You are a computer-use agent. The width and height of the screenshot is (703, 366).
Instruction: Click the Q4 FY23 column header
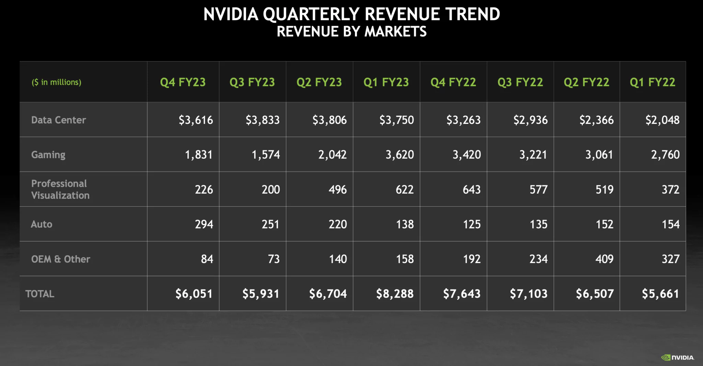coord(183,82)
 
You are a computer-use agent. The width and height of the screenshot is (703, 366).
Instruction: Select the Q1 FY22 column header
coord(652,82)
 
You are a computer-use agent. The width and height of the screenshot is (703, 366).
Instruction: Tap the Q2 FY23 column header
coord(319,82)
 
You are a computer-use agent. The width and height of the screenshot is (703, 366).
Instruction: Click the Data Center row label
coord(58,120)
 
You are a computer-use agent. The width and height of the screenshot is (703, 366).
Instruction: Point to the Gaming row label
coord(48,155)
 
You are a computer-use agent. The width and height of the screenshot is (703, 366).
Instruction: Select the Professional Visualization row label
coord(60,189)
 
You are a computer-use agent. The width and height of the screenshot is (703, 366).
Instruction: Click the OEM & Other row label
coord(60,259)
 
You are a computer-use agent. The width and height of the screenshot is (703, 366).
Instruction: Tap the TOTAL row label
coord(40,294)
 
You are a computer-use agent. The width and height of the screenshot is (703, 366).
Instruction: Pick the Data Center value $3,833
coord(262,120)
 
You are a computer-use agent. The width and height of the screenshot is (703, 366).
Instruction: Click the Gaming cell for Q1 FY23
coord(400,155)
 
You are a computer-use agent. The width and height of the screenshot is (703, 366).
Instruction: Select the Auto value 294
coord(204,224)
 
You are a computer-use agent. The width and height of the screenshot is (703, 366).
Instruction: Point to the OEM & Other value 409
coord(604,259)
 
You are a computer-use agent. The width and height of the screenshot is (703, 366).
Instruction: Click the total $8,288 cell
coord(395,294)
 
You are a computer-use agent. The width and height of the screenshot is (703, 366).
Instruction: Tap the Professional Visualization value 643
coord(471,190)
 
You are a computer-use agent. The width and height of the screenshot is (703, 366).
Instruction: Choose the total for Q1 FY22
coord(660,294)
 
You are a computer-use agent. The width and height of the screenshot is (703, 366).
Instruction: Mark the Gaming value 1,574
coord(266,155)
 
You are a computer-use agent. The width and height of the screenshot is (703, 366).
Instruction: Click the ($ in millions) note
coord(56,82)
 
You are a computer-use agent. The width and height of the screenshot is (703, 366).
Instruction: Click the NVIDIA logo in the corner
coord(678,357)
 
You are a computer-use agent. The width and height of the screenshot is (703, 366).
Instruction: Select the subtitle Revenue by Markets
coord(351,32)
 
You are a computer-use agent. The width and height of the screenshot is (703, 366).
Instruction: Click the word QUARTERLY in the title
coord(311,14)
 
